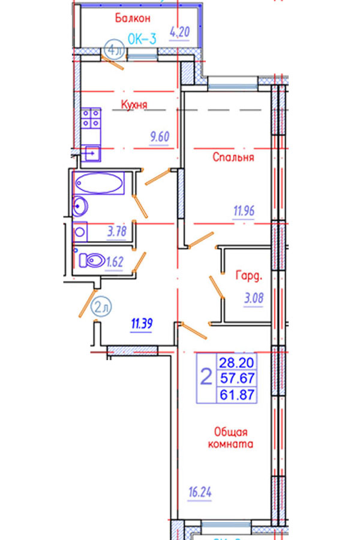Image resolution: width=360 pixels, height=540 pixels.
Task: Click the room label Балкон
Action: point(133,18)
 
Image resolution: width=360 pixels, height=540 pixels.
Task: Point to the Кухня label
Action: point(134,105)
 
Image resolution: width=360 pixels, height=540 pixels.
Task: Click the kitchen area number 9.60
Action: point(160,137)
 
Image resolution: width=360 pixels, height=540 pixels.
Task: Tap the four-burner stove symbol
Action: point(91,118)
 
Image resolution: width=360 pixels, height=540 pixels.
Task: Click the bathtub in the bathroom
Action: point(99,183)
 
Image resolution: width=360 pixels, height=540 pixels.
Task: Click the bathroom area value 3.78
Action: point(118,232)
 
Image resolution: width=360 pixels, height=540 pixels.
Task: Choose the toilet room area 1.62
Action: point(114,262)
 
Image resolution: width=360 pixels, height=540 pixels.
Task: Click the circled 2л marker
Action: point(101,308)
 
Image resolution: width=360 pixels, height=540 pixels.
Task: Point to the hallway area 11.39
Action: point(143,325)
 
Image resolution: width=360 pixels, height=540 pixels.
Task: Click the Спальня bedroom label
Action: point(234,158)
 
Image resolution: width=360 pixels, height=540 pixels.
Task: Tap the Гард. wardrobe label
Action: point(250,277)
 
